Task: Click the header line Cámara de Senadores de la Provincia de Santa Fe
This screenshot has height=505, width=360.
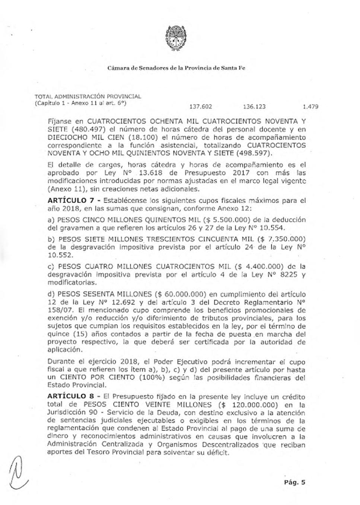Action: click(176, 68)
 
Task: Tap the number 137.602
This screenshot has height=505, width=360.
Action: click(201, 106)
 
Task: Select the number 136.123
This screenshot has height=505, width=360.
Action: click(254, 106)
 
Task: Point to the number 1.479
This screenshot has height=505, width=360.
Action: click(310, 106)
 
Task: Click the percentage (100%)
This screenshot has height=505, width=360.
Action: click(151, 378)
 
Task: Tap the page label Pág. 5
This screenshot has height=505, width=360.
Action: click(294, 483)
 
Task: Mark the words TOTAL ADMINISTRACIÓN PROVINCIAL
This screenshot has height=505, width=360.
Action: click(88, 96)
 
